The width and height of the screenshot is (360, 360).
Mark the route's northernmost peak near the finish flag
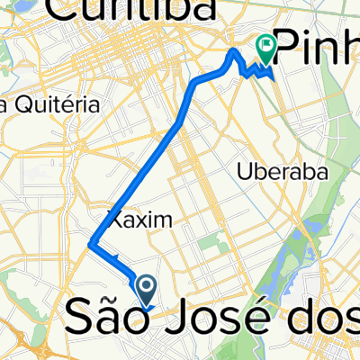point(235,51)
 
